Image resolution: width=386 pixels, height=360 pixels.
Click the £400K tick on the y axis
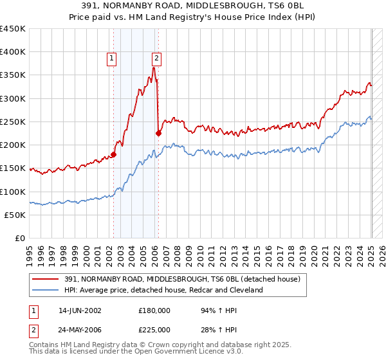coord(12,52)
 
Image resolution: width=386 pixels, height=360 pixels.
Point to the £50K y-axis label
coord(15,215)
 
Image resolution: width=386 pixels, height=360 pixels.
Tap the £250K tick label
coord(12,122)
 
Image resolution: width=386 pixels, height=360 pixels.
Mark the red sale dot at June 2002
coord(113,154)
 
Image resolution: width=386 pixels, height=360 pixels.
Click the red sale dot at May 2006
coord(158,133)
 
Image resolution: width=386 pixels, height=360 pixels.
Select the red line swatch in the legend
coord(46,278)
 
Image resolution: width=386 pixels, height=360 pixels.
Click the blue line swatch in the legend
coord(46,290)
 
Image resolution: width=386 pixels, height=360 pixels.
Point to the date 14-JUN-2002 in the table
coord(80,310)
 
